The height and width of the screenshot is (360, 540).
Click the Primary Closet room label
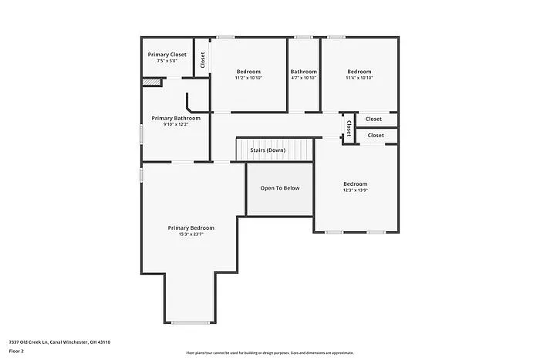(167, 55)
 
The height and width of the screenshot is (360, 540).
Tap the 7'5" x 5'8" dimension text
(167, 61)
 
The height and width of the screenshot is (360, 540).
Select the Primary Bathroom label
(176, 118)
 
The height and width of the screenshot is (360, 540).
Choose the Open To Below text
(279, 188)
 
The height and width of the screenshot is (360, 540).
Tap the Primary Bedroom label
(191, 227)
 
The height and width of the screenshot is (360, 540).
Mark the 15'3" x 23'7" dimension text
(191, 234)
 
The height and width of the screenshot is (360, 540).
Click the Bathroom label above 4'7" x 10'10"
(304, 72)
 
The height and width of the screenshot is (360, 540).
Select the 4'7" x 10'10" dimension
(304, 78)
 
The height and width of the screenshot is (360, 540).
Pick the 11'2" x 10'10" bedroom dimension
(248, 78)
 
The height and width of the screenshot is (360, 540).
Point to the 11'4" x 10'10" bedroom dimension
(359, 78)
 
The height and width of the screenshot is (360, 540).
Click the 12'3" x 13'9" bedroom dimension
(356, 190)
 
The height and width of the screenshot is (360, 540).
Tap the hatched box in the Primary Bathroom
(150, 82)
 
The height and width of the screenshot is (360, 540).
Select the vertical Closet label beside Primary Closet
(203, 60)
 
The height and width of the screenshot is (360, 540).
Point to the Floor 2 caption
(17, 351)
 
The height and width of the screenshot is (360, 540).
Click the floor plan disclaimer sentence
(269, 352)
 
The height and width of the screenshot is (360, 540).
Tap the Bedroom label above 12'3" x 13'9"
(356, 183)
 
